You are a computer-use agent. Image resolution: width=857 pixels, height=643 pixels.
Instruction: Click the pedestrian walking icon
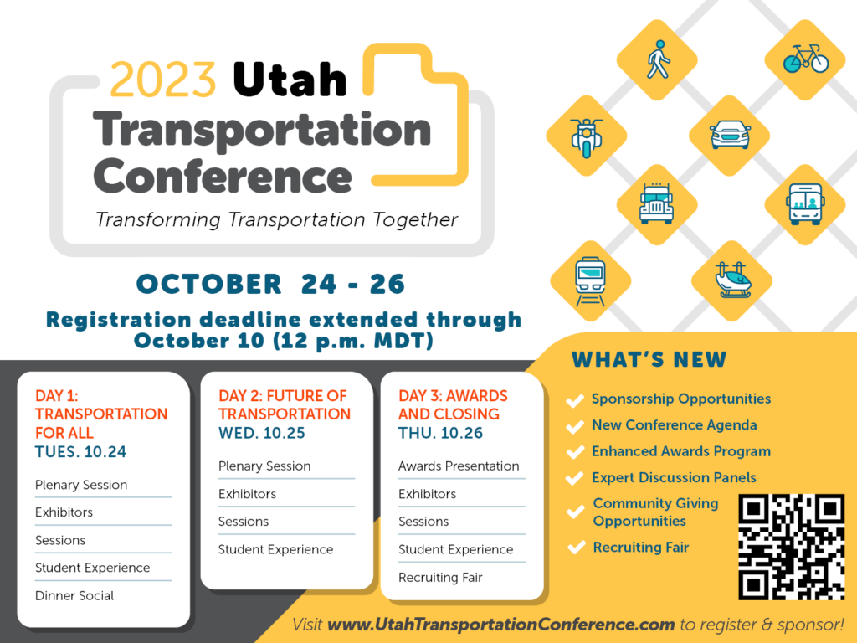pyautogui.click(x=659, y=59)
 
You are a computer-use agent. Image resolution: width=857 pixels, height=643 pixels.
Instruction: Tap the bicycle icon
pyautogui.click(x=805, y=59)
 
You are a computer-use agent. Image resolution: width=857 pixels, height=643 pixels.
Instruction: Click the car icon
pyautogui.click(x=730, y=135)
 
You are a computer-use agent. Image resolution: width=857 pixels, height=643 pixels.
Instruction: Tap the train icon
pyautogui.click(x=589, y=279)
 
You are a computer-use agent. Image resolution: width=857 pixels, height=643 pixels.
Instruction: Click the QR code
pyautogui.click(x=791, y=547)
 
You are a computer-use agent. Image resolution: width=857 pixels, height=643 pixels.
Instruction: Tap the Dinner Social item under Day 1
pyautogui.click(x=74, y=596)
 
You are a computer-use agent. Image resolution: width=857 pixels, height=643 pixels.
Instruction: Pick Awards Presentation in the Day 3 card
pyautogui.click(x=459, y=466)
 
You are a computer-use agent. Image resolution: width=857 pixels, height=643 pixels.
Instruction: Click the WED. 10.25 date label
pyautogui.click(x=262, y=434)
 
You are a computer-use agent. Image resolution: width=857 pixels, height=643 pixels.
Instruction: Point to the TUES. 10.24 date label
pyautogui.click(x=80, y=453)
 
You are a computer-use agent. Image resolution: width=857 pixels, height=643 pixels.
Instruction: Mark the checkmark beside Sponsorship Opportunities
pyautogui.click(x=575, y=400)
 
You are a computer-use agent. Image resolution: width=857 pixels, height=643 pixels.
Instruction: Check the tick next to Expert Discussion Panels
pyautogui.click(x=575, y=479)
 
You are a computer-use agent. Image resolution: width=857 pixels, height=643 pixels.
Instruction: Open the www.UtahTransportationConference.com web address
pyautogui.click(x=500, y=625)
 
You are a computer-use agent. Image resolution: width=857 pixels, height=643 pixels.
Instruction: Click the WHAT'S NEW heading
pyautogui.click(x=649, y=360)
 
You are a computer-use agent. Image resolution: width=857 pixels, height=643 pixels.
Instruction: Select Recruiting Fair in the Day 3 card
pyautogui.click(x=440, y=578)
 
